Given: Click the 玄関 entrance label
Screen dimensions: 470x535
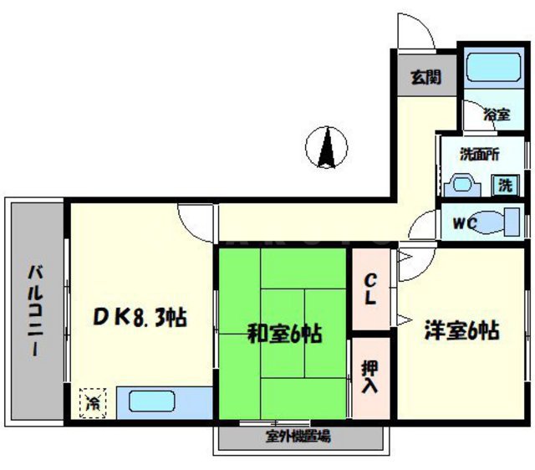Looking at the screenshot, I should point(425,78).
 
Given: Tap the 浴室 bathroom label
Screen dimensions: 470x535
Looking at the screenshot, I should point(496,115).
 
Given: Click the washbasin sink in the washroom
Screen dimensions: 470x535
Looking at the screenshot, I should point(461,183).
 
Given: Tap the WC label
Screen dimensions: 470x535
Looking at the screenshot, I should point(465,223).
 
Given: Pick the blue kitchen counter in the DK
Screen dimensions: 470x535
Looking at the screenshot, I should point(164,402).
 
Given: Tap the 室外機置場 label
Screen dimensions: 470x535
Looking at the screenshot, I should point(298,436).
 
